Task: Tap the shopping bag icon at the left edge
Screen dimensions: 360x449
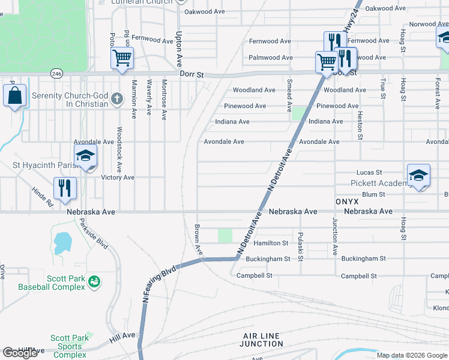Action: pos(14,96)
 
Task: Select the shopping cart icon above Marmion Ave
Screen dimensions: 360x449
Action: pos(122,59)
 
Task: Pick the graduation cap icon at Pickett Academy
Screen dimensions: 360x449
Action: pos(418,175)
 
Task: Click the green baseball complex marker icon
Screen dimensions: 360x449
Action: pos(94,281)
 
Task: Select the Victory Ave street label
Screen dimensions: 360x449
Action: pos(118,178)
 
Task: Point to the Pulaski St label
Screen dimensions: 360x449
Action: pos(301,246)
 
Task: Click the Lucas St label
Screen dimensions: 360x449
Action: pos(369,172)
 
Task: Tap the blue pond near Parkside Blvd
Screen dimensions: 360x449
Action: pos(63,244)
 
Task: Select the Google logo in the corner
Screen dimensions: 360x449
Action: pos(20,353)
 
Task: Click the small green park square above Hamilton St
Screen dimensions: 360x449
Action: pos(224,236)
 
